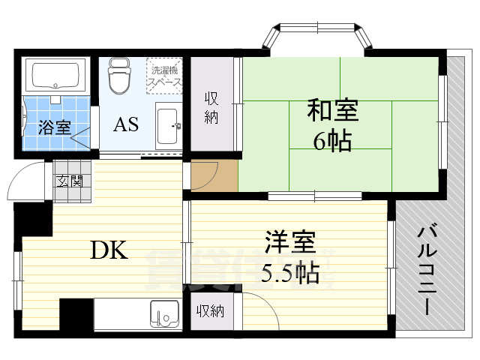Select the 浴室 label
point(54,127)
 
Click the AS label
point(126,124)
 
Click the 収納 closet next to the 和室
point(211,107)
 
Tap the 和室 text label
point(332,111)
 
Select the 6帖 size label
point(332,140)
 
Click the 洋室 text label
point(289,244)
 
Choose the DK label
point(109,250)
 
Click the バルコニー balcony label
point(427,270)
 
